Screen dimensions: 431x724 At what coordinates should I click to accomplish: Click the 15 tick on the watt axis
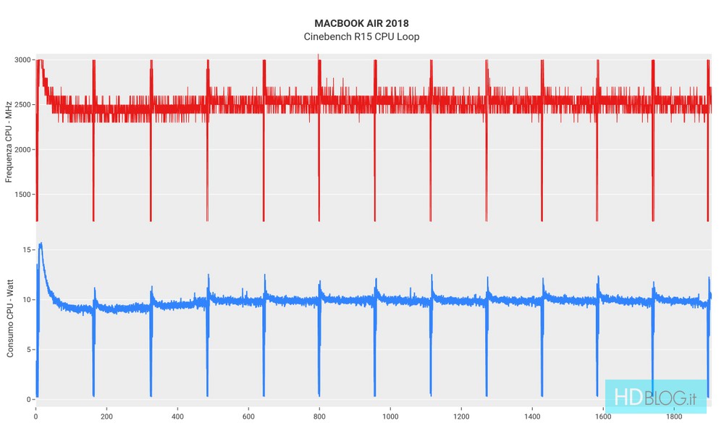pyautogui.click(x=28, y=250)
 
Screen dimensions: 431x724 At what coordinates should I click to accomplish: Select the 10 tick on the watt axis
pyautogui.click(x=28, y=300)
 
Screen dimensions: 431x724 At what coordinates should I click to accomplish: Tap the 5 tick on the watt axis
pyautogui.click(x=30, y=350)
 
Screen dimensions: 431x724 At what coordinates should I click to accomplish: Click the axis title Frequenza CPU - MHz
pyautogui.click(x=9, y=141)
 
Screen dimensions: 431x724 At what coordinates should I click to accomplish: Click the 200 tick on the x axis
pyautogui.click(x=106, y=417)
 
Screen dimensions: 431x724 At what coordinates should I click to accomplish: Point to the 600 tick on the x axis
pyautogui.click(x=248, y=417)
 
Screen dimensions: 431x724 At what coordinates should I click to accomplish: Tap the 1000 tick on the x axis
pyautogui.click(x=390, y=417)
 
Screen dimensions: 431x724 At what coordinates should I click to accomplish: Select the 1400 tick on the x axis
pyautogui.click(x=532, y=417)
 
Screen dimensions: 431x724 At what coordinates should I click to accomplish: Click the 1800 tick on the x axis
pyautogui.click(x=674, y=417)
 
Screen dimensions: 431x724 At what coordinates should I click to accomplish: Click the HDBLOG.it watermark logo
pyautogui.click(x=655, y=397)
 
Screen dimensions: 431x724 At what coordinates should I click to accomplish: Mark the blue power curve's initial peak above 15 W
pyautogui.click(x=41, y=244)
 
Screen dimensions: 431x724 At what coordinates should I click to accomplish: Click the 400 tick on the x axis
pyautogui.click(x=177, y=417)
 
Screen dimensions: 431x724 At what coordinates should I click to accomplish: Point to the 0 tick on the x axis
pyautogui.click(x=36, y=417)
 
